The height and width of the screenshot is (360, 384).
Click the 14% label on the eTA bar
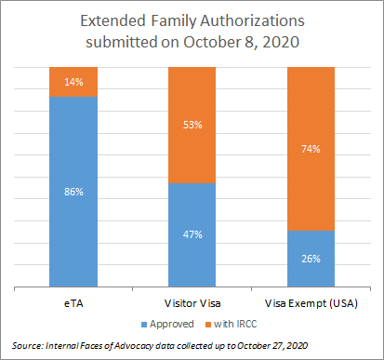[73, 82]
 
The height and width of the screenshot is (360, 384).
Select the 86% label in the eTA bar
[73, 192]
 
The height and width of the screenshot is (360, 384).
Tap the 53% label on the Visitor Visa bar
[192, 125]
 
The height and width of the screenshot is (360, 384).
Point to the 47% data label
[192, 234]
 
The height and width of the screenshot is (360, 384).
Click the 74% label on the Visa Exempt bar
[311, 149]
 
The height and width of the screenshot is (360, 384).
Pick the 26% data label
[311, 259]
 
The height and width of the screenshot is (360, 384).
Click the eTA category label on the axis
[73, 303]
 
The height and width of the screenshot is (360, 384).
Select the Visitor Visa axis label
[192, 303]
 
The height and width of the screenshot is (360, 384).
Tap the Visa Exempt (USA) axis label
[311, 303]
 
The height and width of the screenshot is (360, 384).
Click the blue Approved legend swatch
[144, 325]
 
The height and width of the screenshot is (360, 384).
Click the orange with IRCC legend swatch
[208, 325]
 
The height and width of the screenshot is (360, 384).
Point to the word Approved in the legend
[172, 325]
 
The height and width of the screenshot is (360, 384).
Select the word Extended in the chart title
[113, 21]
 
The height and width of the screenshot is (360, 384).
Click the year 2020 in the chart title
[281, 42]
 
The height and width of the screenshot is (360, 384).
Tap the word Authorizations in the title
[252, 21]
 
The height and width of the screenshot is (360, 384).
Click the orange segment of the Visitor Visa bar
[192, 125]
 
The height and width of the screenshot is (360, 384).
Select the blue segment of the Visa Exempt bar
[311, 259]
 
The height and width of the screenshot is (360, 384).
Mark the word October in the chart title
[212, 42]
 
